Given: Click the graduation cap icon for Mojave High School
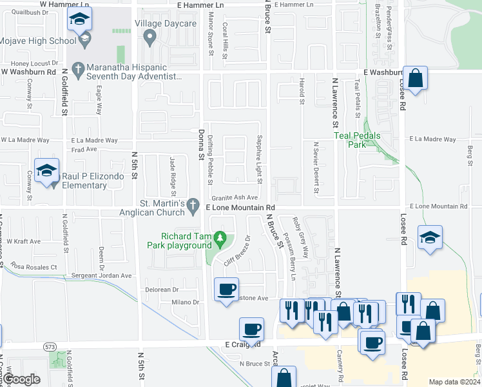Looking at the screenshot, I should tap(79, 19).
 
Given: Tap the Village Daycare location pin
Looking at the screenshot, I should tap(150, 39).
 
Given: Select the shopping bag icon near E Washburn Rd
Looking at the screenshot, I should tap(416, 79).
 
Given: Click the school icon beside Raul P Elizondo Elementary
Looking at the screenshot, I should tap(47, 171).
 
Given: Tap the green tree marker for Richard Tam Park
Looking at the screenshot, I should tap(221, 241).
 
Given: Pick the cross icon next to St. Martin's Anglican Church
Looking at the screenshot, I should tap(193, 206).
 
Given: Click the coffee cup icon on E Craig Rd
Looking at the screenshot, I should tap(251, 330).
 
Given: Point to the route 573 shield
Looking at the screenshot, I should tap(50, 347).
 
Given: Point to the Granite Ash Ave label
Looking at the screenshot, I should tap(235, 197).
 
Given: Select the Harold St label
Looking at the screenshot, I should tap(301, 91).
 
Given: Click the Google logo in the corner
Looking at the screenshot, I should tap(21, 379).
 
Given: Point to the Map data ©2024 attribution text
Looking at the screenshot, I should tap(454, 382).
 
